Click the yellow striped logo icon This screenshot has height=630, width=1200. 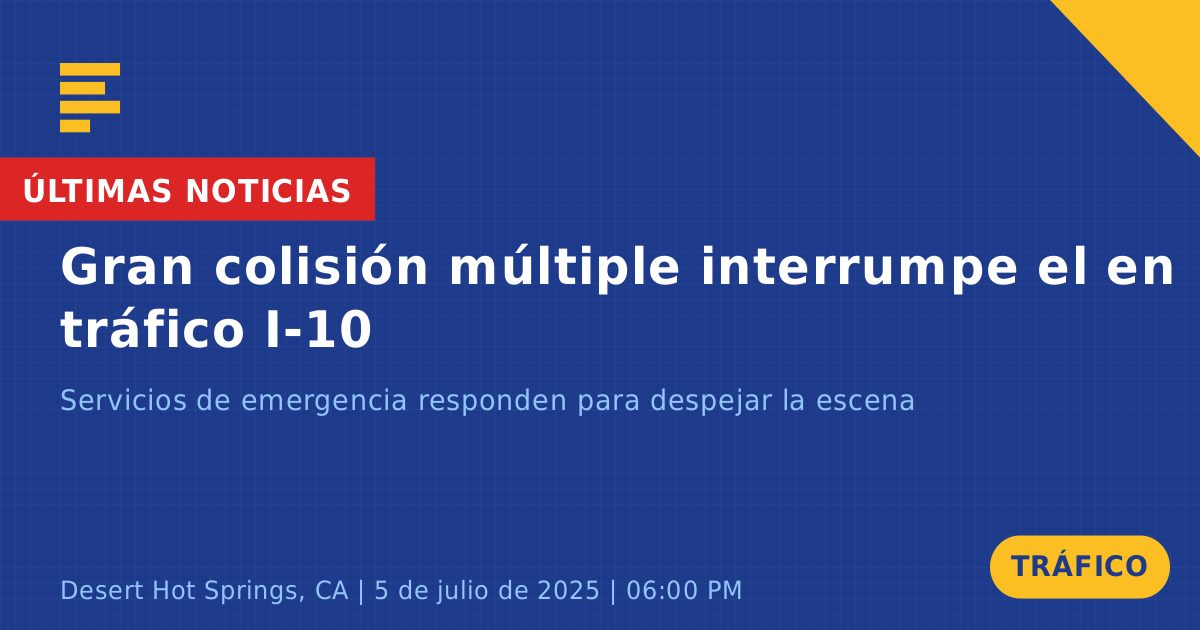pyautogui.click(x=90, y=98)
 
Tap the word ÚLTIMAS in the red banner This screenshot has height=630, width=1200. pyautogui.click(x=97, y=190)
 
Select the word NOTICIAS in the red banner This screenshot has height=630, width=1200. pyautogui.click(x=268, y=191)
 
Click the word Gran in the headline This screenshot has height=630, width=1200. pyautogui.click(x=126, y=267)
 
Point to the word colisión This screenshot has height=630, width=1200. pyautogui.click(x=321, y=266)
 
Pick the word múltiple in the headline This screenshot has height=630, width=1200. pyautogui.click(x=565, y=269)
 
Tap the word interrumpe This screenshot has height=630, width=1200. pyautogui.click(x=859, y=269)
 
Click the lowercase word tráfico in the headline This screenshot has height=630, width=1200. pyautogui.click(x=153, y=328)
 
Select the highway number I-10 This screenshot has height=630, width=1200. pyautogui.click(x=319, y=329)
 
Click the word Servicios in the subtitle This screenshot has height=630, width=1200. pyautogui.click(x=123, y=400)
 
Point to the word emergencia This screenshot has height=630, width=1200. pyautogui.click(x=324, y=402)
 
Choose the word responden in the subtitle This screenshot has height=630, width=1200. pyautogui.click(x=492, y=402)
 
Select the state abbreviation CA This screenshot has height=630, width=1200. pyautogui.click(x=332, y=591)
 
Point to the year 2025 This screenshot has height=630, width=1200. pyautogui.click(x=568, y=591)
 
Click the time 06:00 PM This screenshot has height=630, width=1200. pyautogui.click(x=684, y=591)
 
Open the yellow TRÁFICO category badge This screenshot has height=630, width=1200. pyautogui.click(x=1079, y=567)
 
